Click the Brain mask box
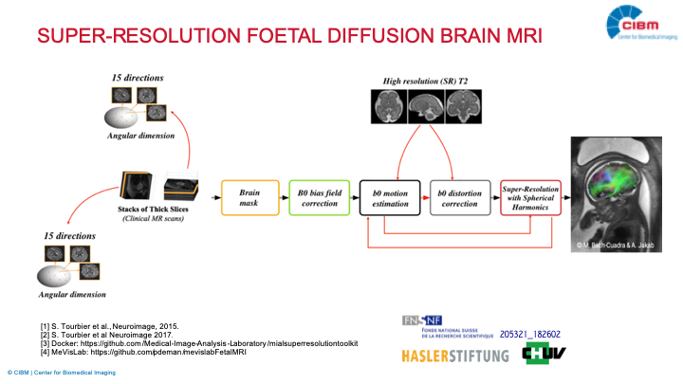coord(249,197)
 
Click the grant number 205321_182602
coord(529,334)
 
